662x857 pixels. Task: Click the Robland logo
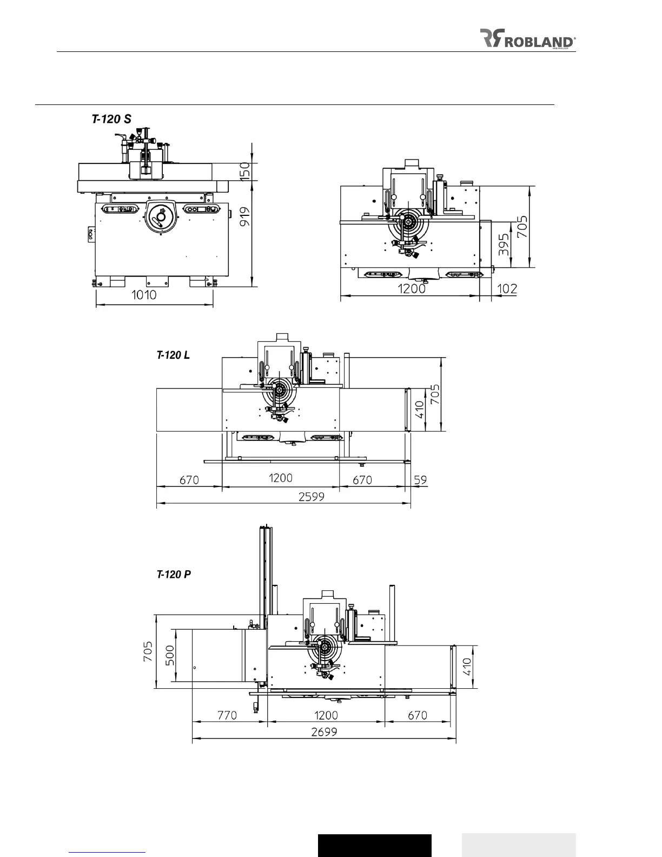coord(527,38)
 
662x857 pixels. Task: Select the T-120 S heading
coord(111,119)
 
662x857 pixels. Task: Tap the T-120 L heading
coord(173,355)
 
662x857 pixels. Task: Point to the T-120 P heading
coord(174,574)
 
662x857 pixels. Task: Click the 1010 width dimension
coord(144,295)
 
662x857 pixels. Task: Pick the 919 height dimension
coord(245,216)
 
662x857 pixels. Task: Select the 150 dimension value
coord(245,171)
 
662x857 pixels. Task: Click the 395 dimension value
coord(504,245)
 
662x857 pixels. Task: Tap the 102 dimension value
coord(507,289)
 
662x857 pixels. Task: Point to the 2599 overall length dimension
coord(311,497)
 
